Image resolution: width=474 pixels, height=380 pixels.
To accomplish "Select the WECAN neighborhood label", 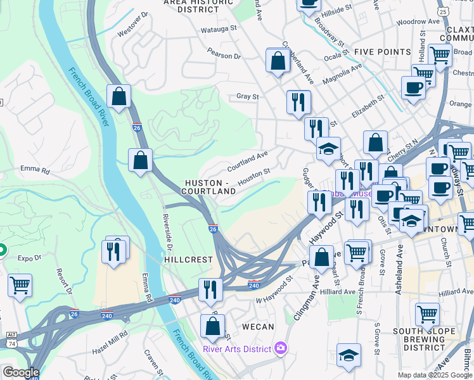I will pyautogui.click(x=257, y=327).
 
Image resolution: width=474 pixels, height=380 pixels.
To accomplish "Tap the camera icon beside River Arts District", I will pyautogui.click(x=281, y=348).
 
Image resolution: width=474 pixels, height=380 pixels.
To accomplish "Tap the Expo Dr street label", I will pyautogui.click(x=29, y=258).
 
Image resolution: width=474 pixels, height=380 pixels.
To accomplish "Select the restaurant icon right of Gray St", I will pyautogui.click(x=298, y=101).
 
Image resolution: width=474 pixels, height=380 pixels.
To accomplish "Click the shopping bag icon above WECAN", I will pyautogui.click(x=212, y=326).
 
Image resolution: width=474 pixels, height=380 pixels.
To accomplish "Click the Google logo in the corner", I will pyautogui.click(x=20, y=372).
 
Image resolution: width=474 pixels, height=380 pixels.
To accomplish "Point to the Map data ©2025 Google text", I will pyautogui.click(x=434, y=375).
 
